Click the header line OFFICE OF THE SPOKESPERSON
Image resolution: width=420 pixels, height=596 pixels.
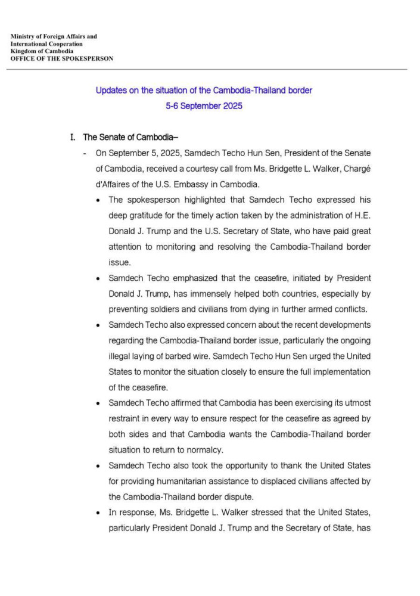tap(62, 58)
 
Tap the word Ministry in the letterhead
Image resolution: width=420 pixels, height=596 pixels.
tap(23, 37)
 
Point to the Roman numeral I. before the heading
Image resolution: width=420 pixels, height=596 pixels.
tap(73, 137)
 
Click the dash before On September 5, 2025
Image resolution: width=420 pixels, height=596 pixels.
tap(86, 153)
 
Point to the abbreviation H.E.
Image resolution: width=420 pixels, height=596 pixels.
tap(362, 215)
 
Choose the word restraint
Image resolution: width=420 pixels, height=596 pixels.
tap(126, 419)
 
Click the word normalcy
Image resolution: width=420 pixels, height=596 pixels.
tap(208, 450)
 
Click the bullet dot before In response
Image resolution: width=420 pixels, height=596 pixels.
tap(98, 513)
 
